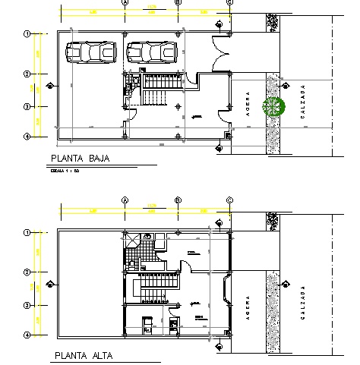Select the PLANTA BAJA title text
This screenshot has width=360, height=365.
(x=80, y=159)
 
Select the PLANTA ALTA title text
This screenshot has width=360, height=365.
(x=83, y=355)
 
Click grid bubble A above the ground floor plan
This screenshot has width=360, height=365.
(x=125, y=2)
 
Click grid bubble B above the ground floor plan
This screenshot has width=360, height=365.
(x=177, y=2)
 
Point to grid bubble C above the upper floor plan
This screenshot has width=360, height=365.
(x=229, y=200)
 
